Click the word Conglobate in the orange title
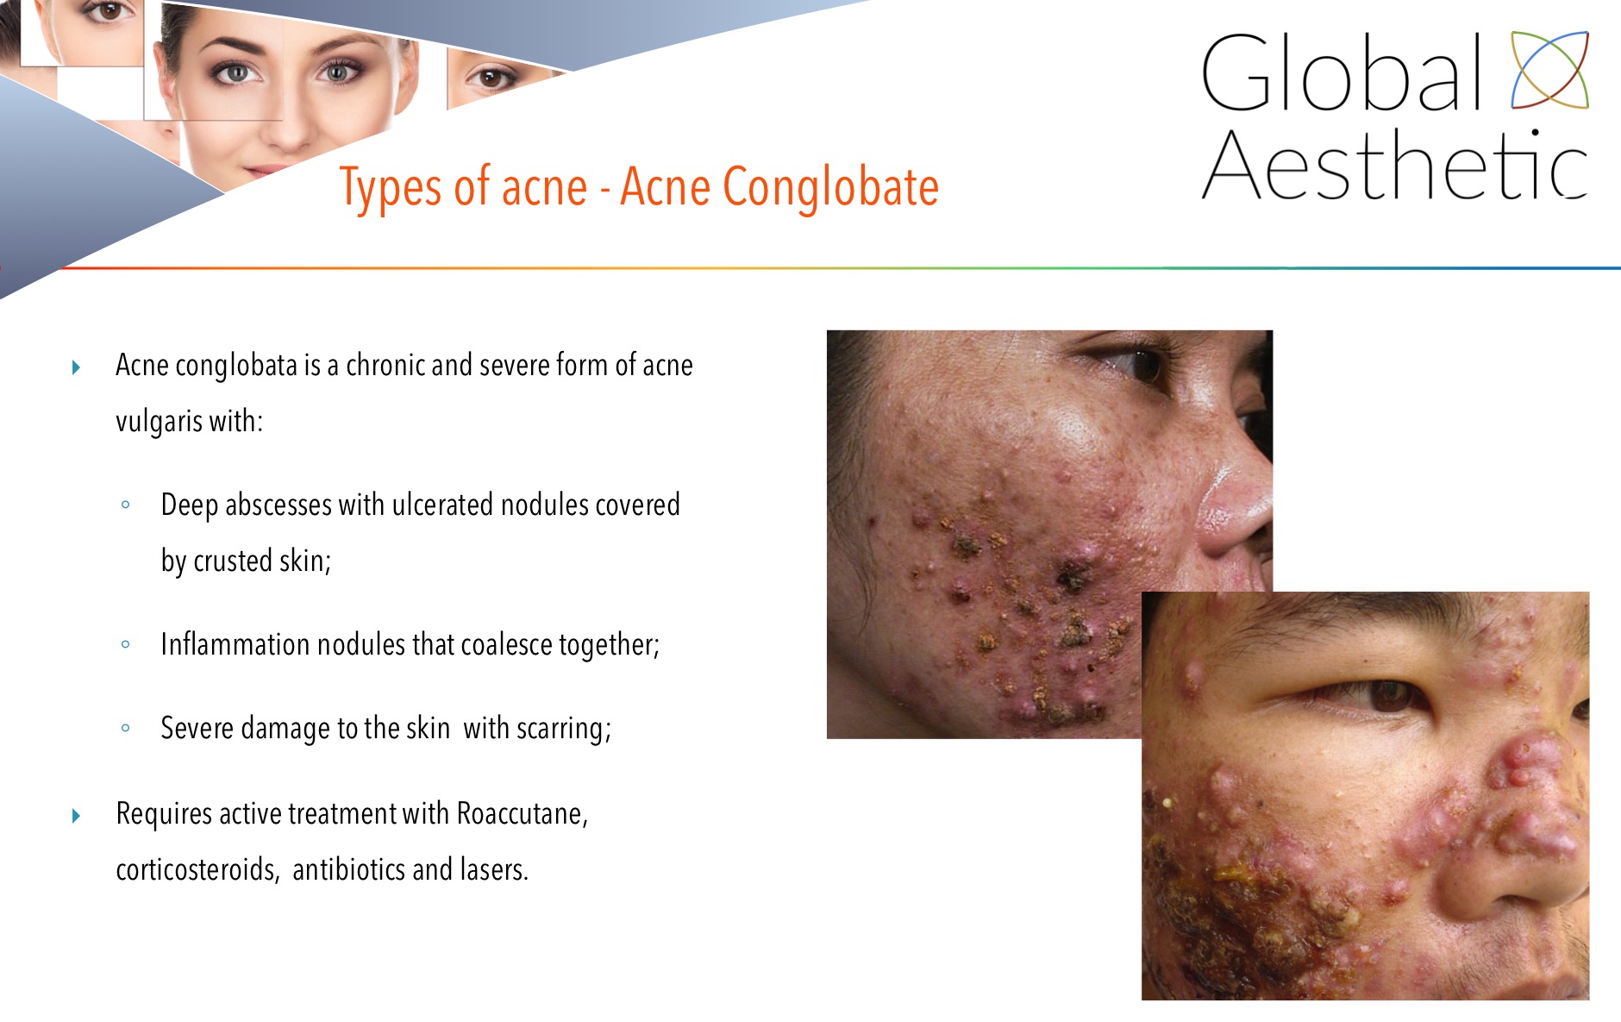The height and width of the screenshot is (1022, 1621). [x=830, y=188]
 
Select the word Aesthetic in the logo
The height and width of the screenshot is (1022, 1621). [x=1395, y=164]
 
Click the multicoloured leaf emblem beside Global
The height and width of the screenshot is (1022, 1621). [x=1549, y=70]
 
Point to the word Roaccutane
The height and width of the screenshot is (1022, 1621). [x=522, y=813]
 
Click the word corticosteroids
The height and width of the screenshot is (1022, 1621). [x=197, y=869]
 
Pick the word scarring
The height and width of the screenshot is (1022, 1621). [x=564, y=729]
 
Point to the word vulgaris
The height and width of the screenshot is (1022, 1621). [x=159, y=422]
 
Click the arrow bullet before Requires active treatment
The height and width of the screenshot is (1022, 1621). [x=77, y=815]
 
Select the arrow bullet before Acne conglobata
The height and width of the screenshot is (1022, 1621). [x=77, y=367]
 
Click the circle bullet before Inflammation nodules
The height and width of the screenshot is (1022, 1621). [x=126, y=643]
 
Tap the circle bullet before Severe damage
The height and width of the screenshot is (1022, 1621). [x=126, y=728]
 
